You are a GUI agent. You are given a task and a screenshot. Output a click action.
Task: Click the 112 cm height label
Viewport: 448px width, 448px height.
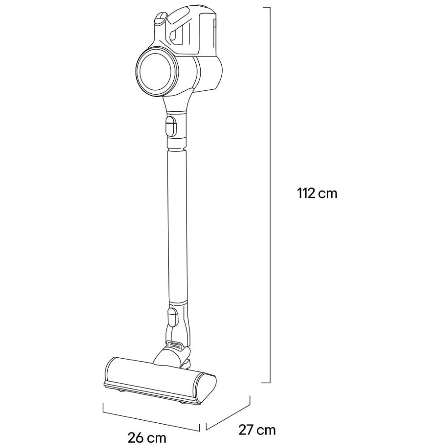click(317, 193)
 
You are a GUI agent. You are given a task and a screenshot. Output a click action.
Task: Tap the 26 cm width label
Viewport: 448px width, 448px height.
click(147, 438)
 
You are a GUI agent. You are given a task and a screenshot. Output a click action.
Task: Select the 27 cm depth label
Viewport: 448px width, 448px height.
click(257, 430)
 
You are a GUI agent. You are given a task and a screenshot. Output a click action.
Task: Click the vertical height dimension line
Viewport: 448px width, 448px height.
click(269, 195)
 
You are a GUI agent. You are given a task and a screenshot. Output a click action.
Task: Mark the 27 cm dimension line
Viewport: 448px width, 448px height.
click(228, 412)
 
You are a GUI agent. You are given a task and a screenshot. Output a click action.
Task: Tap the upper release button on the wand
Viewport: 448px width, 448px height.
click(171, 125)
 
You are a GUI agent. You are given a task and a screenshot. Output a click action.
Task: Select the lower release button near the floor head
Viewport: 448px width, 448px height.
click(173, 317)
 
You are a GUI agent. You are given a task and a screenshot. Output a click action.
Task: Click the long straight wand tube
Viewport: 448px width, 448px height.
click(177, 225)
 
